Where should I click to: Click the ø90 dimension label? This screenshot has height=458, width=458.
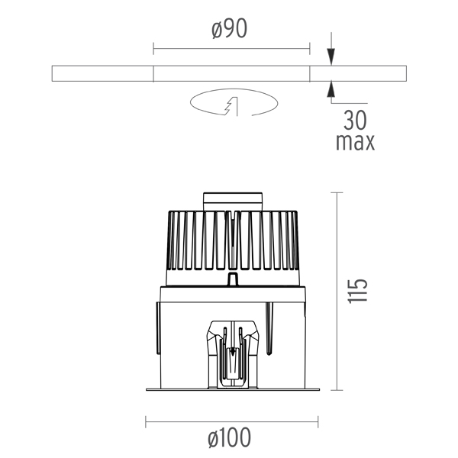(x=230, y=29)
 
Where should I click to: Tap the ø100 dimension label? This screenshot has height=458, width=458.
(x=230, y=437)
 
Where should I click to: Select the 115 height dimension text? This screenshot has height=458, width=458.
(x=357, y=292)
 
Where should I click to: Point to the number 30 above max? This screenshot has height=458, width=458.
(x=355, y=121)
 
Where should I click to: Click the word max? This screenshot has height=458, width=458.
(x=355, y=142)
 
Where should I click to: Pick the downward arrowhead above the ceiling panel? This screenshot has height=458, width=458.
(x=331, y=56)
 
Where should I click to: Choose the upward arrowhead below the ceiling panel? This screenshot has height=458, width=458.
(x=331, y=89)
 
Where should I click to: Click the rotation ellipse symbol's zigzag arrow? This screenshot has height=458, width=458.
(x=231, y=106)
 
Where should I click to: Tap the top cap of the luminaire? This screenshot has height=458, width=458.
(x=233, y=202)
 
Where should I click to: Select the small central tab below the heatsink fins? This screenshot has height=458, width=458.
(x=232, y=279)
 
